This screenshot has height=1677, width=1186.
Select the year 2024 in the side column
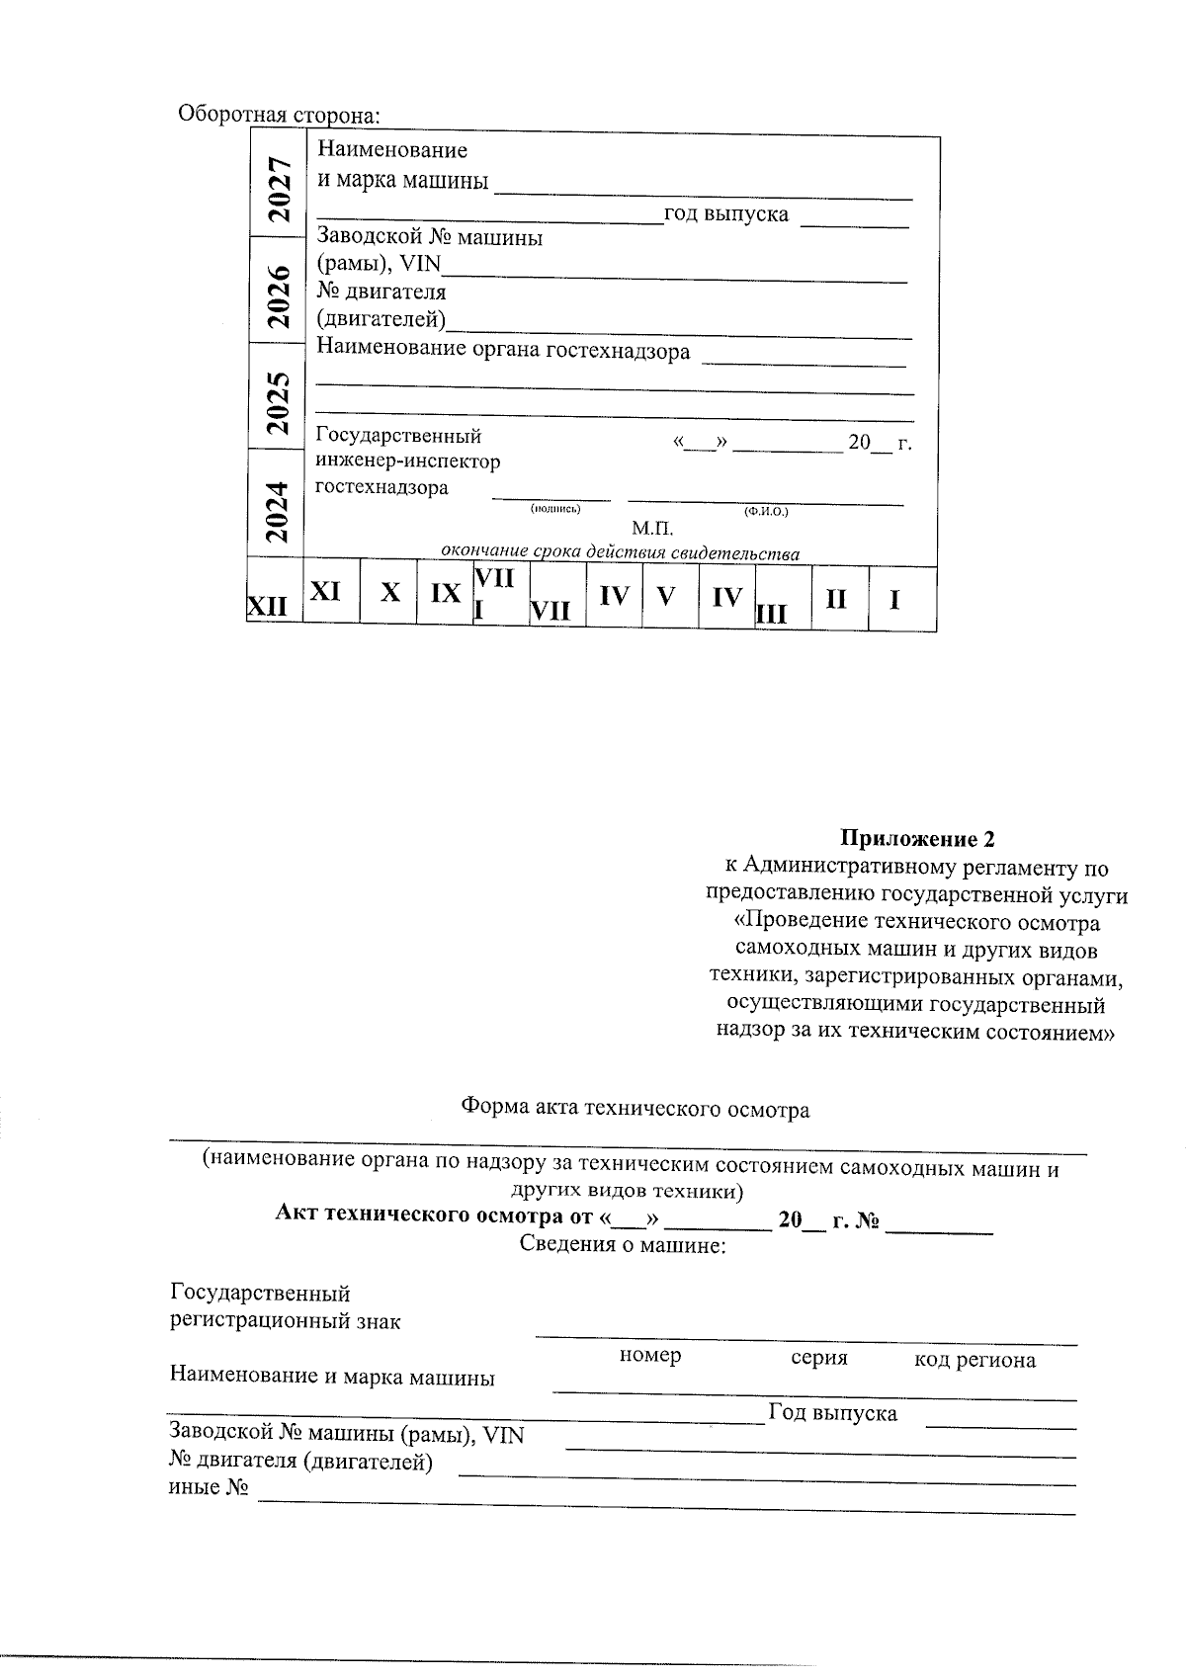(x=280, y=511)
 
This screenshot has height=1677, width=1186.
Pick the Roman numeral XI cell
(x=326, y=591)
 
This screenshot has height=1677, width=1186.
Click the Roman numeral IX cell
(x=446, y=593)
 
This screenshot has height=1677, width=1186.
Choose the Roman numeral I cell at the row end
(x=894, y=599)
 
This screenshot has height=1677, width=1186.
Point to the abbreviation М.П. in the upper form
(x=652, y=530)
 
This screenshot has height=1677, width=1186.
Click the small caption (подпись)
(x=555, y=509)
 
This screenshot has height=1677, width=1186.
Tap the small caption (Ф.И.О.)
(x=766, y=511)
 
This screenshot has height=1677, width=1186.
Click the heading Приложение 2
(x=917, y=839)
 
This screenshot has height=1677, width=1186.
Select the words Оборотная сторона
(x=279, y=115)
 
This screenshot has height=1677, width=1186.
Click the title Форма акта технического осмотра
(x=635, y=1109)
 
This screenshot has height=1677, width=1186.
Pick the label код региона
(x=974, y=1360)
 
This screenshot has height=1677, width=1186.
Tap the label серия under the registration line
(x=819, y=1357)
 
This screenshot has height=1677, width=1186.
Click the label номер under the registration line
(x=649, y=1355)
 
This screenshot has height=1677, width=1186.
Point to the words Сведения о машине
(x=623, y=1244)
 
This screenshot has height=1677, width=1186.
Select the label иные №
(x=208, y=1487)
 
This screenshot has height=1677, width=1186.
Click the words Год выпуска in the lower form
(x=832, y=1413)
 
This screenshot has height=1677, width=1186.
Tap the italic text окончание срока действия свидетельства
(x=620, y=552)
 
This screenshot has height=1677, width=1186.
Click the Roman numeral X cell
(x=391, y=593)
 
